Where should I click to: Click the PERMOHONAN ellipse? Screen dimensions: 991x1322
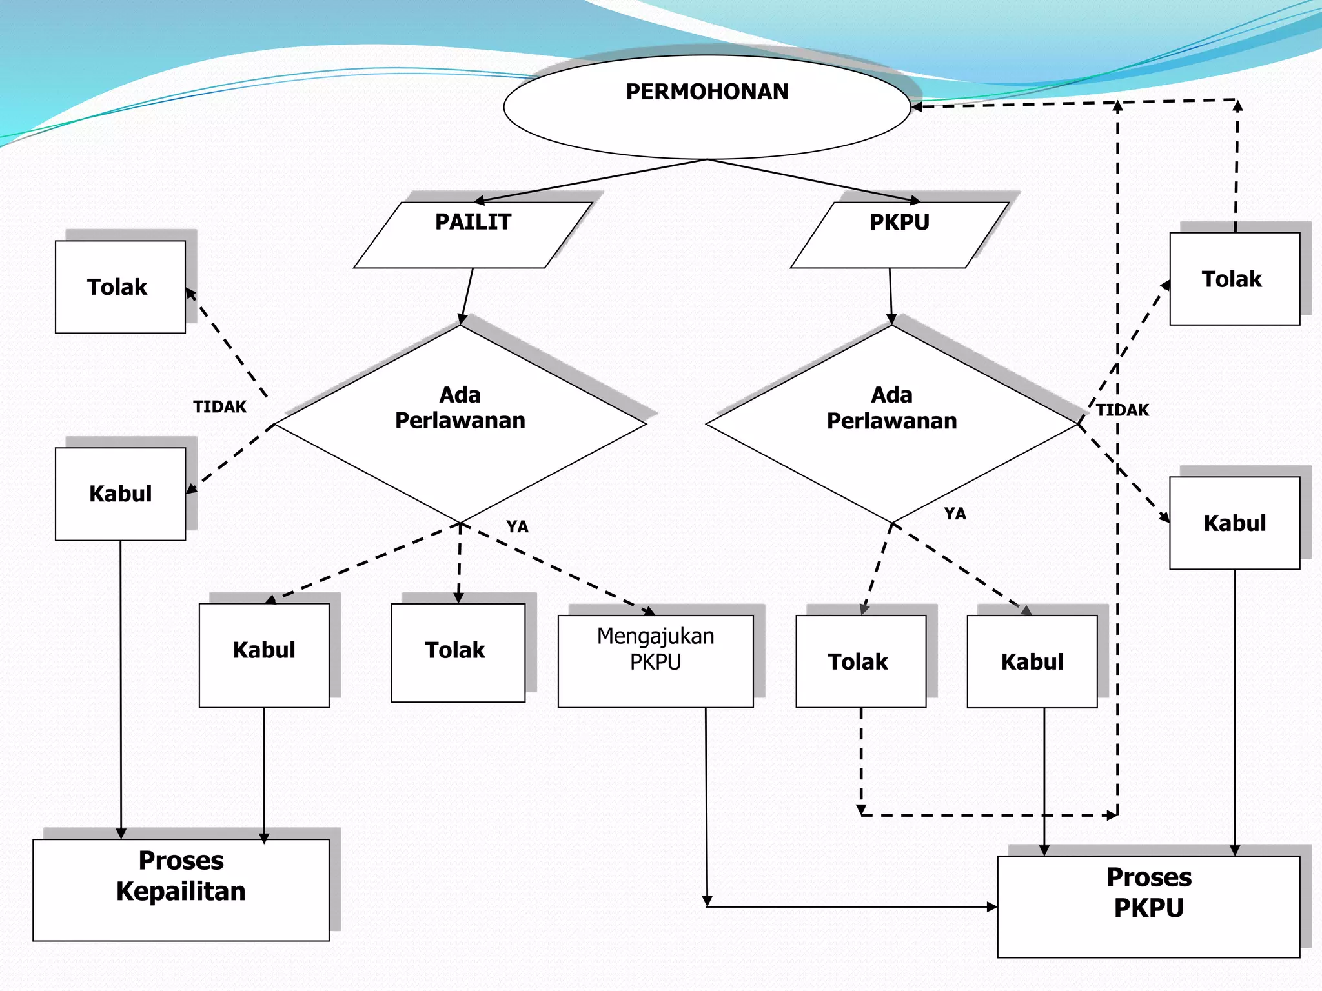(x=707, y=107)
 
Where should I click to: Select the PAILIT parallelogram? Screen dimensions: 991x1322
(x=473, y=235)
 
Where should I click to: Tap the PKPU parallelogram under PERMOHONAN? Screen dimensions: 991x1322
(x=899, y=235)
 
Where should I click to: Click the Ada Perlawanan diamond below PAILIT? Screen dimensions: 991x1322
(x=460, y=423)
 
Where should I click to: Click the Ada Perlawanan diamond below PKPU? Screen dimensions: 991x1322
(x=891, y=423)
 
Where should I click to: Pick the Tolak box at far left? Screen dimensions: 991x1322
(x=120, y=287)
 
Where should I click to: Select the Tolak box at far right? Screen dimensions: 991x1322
(x=1234, y=279)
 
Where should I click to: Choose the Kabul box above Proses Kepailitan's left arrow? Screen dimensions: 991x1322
(x=120, y=494)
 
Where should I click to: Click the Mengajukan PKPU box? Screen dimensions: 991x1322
(x=655, y=661)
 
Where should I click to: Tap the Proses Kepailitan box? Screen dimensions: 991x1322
(x=181, y=889)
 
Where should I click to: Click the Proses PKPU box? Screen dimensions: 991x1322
(x=1148, y=906)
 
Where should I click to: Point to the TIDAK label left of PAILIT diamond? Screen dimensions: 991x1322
(x=219, y=406)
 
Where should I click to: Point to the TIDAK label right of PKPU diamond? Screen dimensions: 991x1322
(x=1123, y=410)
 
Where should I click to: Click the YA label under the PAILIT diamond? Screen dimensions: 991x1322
(x=517, y=526)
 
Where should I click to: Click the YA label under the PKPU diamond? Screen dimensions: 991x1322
(x=955, y=514)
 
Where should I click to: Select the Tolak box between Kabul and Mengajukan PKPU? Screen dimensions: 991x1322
(x=458, y=652)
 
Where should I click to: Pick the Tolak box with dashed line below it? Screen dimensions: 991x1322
(x=860, y=661)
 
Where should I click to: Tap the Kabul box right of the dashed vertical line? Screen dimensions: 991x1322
(x=1234, y=523)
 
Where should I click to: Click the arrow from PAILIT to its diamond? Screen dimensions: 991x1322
(x=467, y=295)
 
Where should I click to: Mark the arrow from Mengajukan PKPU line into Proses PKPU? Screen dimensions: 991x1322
(x=852, y=906)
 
